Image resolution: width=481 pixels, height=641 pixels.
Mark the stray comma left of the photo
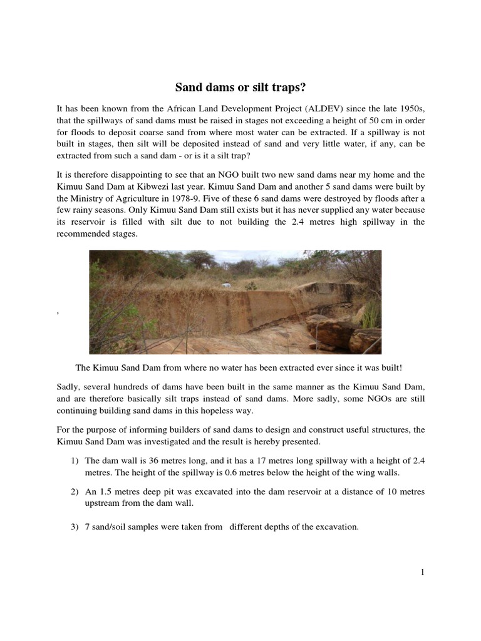click(58, 311)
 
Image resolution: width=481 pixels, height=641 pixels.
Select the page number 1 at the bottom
click(422, 572)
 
